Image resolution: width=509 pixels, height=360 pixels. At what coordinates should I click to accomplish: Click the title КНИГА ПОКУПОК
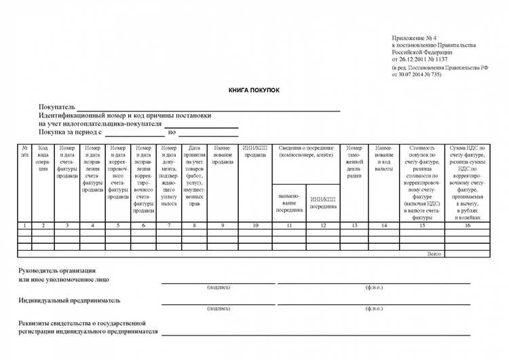254,90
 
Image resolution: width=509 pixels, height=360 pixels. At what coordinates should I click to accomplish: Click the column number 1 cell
24,225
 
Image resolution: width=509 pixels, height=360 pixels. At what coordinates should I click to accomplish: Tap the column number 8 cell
194,225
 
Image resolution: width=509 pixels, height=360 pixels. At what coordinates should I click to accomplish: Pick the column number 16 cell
467,225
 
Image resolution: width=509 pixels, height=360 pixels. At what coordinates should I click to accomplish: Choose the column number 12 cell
323,225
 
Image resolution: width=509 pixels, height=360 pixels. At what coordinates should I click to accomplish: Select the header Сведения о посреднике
306,151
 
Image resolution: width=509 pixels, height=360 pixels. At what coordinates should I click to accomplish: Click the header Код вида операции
43,158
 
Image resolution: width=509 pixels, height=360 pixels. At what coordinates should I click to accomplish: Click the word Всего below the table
434,253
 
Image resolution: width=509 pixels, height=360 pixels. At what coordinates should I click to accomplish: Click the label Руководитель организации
57,270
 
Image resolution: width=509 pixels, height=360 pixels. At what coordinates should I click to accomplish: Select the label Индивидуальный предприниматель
69,299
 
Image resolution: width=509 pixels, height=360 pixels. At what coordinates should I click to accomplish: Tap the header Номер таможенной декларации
354,162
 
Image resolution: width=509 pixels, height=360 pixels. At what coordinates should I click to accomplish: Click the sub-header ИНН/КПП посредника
323,202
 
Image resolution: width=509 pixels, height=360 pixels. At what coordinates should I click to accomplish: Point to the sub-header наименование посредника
290,202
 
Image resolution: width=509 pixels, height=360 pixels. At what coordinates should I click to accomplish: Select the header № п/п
24,151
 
